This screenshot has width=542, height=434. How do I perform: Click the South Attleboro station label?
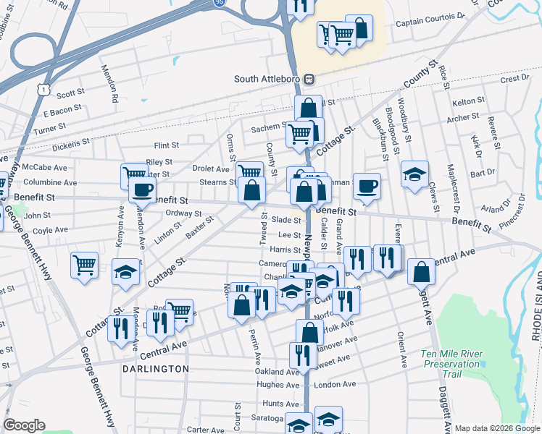pyautogui.click(x=267, y=79)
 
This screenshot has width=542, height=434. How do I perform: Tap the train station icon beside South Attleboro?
pyautogui.click(x=309, y=79)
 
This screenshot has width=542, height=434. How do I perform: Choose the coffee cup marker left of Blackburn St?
pyautogui.click(x=367, y=184)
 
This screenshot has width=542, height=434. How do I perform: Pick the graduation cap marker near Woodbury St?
pyautogui.click(x=414, y=174)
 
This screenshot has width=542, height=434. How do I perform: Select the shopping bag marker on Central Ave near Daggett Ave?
pyautogui.click(x=421, y=272)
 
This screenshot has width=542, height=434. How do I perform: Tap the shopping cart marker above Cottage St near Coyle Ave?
pyautogui.click(x=86, y=265)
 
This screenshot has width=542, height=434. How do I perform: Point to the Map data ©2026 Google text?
pyautogui.click(x=497, y=428)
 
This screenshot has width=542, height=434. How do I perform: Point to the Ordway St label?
pyautogui.click(x=183, y=213)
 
